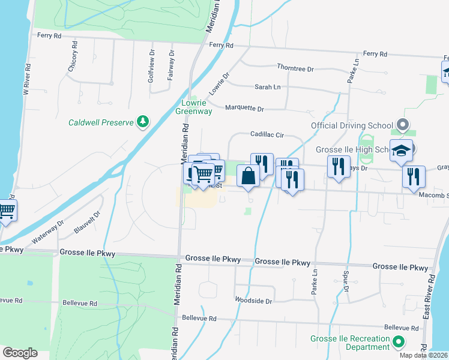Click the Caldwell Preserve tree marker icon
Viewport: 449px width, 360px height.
pyautogui.click(x=143, y=122)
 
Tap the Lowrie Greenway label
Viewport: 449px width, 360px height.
pyautogui.click(x=193, y=107)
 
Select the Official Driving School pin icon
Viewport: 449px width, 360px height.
pyautogui.click(x=403, y=125)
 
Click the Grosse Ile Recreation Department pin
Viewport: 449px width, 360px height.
pyautogui.click(x=399, y=343)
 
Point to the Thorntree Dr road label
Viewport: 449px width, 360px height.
pyautogui.click(x=295, y=69)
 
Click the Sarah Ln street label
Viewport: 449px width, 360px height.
pyautogui.click(x=268, y=87)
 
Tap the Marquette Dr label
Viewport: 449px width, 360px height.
pyautogui.click(x=244, y=108)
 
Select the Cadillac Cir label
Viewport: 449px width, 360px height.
pyautogui.click(x=267, y=136)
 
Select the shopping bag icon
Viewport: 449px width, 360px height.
pyautogui.click(x=247, y=176)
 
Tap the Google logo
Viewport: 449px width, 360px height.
pyautogui.click(x=20, y=353)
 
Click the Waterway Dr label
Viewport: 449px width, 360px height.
pyautogui.click(x=48, y=232)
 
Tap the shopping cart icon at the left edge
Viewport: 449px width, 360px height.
pyautogui.click(x=6, y=211)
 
